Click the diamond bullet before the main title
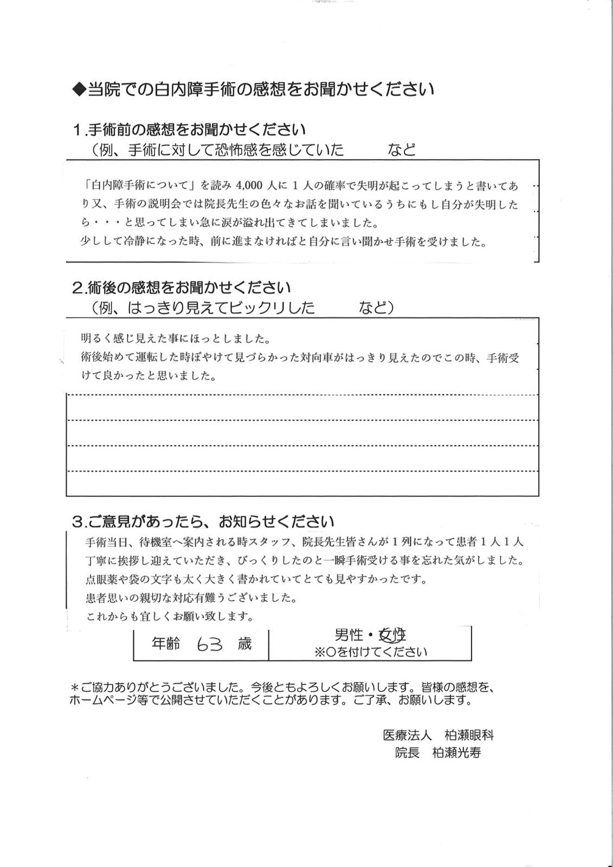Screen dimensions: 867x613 (x=79, y=89)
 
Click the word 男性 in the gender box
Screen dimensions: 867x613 (x=349, y=635)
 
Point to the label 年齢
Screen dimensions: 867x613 (x=166, y=644)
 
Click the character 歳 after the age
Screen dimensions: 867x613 (x=244, y=644)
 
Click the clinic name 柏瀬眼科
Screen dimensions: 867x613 (x=469, y=735)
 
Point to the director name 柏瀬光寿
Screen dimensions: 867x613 (x=456, y=753)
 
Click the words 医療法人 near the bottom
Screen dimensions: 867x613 (x=407, y=735)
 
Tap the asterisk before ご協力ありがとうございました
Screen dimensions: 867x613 (x=75, y=687)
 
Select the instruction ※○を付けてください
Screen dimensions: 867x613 (x=371, y=652)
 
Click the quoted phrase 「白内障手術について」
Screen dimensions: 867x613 (x=139, y=186)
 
